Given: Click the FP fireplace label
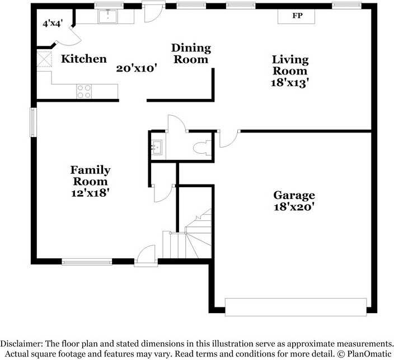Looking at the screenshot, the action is pos(297,16).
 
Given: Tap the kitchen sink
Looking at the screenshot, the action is pos(108,16).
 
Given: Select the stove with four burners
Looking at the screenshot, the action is pos(84,91).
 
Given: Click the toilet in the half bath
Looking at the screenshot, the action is pos(202,148).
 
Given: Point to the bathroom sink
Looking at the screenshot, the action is pos(157,148).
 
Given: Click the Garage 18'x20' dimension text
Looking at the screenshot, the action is pos(294,207).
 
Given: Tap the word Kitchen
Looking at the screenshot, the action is pos(84,59).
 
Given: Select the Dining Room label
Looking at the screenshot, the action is pos(191,54).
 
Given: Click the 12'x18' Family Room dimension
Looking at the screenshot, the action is pos(90,193).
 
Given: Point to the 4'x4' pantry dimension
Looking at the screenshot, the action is pos(53,23).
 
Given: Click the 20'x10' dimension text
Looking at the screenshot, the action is pos(137,68).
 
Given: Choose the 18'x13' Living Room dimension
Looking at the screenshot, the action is pos(290,83).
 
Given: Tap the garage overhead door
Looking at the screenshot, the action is pos(295,307).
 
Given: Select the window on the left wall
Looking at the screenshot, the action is pos(33,122).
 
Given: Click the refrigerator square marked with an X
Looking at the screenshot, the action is pos(44,59).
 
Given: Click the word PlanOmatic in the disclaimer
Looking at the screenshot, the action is pos(369,354).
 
